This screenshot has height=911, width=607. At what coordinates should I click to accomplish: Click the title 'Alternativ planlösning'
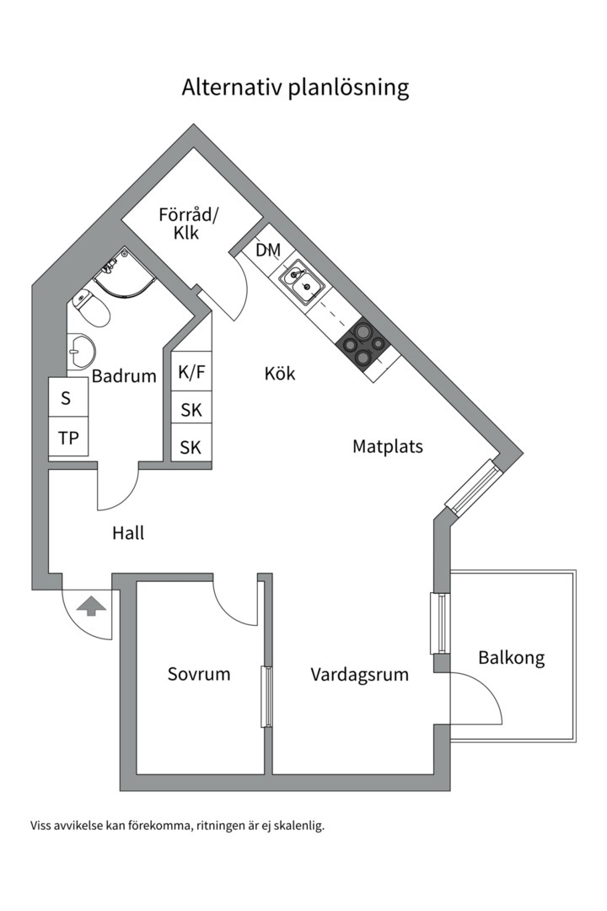[295, 88]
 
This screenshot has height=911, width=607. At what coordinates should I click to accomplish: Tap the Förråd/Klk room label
[187, 224]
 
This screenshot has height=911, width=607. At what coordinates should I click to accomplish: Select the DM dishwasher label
[268, 250]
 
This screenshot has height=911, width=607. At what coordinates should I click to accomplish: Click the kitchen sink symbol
[299, 283]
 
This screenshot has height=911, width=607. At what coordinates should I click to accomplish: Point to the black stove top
[363, 344]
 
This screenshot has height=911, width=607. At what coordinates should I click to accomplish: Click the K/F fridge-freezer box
[191, 372]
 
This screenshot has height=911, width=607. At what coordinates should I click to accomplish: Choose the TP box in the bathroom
[68, 438]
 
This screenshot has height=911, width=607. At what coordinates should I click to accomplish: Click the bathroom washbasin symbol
[81, 350]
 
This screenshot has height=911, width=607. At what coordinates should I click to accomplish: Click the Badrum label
[124, 376]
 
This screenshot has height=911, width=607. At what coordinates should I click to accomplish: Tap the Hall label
[128, 533]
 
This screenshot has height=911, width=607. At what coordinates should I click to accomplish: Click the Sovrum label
[198, 674]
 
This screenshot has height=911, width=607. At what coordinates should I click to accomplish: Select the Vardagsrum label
[359, 675]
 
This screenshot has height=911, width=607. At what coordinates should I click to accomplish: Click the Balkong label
[511, 657]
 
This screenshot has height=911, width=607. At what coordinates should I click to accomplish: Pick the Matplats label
[387, 446]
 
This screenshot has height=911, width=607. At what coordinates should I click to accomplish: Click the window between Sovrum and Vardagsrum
[266, 696]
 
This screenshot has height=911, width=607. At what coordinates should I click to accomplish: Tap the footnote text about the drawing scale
[177, 826]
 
